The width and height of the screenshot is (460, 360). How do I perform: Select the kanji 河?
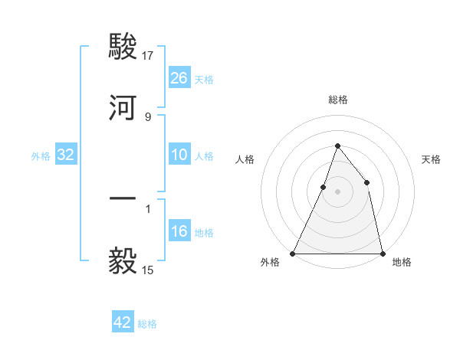point(123,108)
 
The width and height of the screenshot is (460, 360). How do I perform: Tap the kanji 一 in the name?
point(123,200)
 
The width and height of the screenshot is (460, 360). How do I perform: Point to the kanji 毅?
point(123,261)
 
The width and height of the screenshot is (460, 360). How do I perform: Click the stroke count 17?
point(149,56)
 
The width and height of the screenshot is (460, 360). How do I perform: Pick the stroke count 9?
point(147,117)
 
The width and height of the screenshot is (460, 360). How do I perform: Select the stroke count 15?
point(148,270)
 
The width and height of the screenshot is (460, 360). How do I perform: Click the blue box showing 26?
point(179,78)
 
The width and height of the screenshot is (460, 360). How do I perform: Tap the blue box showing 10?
point(179,155)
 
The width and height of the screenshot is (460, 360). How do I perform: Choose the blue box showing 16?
point(179,231)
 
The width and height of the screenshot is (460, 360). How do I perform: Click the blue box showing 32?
point(66,155)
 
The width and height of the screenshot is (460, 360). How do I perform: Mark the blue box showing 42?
point(123,322)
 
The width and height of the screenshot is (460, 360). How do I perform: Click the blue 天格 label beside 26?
point(204,79)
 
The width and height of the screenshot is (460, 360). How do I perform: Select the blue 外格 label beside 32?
point(41,155)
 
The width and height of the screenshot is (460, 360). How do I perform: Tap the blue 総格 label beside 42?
point(147,323)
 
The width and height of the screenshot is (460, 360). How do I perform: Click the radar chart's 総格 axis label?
point(338,100)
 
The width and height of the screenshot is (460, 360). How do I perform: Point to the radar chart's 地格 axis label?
point(402,262)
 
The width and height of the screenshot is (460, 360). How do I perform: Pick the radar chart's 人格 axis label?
point(245,159)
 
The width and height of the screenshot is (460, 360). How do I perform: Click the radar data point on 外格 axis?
point(293,253)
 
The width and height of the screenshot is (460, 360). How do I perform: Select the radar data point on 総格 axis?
point(337,146)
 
